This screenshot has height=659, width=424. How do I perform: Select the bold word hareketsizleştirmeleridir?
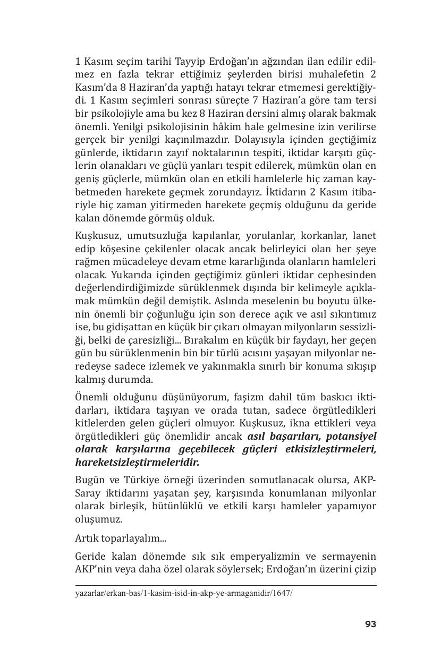137,463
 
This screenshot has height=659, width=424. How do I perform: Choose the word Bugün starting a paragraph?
89,481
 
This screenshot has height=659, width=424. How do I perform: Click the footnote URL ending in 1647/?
184,593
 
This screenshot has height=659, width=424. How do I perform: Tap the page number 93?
370,624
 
